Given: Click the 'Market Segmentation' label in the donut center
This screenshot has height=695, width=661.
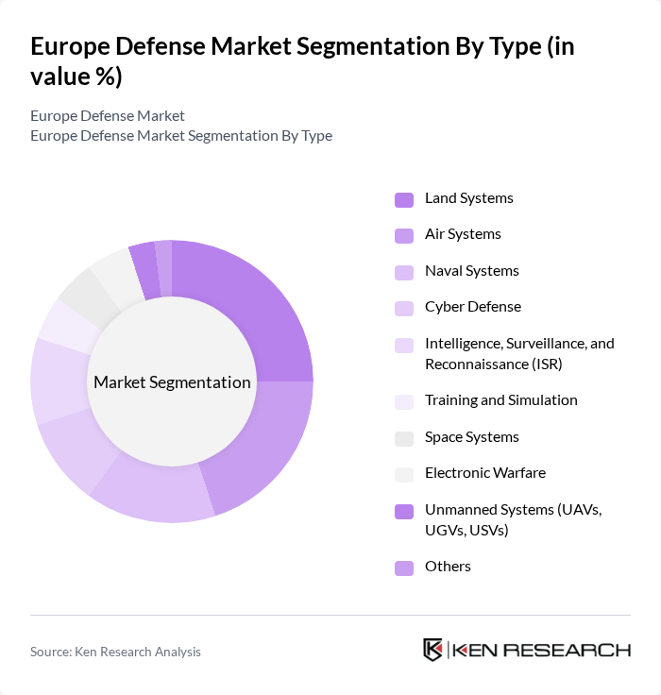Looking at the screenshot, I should (172, 382).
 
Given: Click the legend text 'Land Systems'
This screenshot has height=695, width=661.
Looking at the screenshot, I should (468, 198).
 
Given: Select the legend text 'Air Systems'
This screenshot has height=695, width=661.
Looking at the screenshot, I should (463, 234).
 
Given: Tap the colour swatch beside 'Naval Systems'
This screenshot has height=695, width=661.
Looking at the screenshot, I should (404, 272).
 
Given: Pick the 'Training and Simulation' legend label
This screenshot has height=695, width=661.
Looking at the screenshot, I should (500, 400).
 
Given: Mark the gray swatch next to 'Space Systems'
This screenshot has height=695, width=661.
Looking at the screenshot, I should (404, 438).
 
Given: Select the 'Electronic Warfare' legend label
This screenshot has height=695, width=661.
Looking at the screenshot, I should (484, 473).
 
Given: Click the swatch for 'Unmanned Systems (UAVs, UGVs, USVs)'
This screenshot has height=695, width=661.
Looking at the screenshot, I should (404, 511).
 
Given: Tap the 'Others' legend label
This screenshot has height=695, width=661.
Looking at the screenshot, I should (448, 567).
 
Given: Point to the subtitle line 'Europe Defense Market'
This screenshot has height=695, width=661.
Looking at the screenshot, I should (108, 116).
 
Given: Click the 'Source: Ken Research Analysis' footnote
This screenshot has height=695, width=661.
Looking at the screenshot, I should (115, 652).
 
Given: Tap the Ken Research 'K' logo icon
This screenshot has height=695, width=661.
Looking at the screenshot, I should (433, 651).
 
